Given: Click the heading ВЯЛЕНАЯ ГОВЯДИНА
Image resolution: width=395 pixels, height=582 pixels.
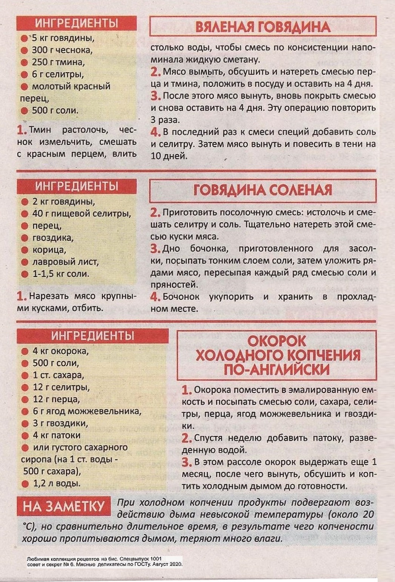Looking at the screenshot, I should [263, 27].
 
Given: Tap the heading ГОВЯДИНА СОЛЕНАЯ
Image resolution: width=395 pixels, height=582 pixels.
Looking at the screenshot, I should [263, 190].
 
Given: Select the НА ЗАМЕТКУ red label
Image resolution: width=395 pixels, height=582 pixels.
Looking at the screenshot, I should [63, 506].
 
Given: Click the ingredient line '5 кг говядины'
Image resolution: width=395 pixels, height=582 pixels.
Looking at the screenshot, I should [63, 38].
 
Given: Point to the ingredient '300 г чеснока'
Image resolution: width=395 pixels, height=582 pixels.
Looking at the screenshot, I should [62, 50].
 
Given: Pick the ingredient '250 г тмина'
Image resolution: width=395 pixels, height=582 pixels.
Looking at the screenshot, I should [58, 62].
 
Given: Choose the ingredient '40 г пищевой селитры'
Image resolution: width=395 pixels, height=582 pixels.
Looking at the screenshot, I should [81, 213].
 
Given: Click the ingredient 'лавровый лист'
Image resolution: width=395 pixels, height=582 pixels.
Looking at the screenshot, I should [65, 262].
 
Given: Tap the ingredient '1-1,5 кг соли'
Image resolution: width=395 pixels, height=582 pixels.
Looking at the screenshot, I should [61, 274].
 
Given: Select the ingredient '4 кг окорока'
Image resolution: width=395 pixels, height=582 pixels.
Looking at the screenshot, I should [60, 351].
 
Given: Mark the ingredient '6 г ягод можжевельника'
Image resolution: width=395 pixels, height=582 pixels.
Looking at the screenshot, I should [87, 411].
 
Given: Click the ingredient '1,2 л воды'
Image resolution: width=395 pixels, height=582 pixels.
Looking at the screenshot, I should [56, 483].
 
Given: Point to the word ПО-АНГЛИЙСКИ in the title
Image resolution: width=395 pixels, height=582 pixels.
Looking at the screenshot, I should [277, 369].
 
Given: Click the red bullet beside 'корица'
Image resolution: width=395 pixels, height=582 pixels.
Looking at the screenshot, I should [25, 250].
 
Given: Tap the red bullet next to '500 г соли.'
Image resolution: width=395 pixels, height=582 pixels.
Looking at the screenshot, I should [25, 111].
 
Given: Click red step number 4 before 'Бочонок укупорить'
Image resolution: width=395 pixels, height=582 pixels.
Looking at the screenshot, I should [155, 297].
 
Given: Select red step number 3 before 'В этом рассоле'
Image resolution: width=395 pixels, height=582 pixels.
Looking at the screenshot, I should [187, 462].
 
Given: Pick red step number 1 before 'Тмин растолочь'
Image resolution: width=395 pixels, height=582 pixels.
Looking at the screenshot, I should [22, 131].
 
